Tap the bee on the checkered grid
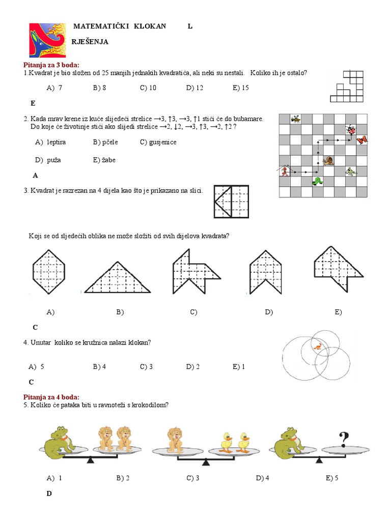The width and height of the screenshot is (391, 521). (x=296, y=119)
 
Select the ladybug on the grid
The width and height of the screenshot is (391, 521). (x=351, y=131)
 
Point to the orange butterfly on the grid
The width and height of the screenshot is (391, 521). (x=362, y=139)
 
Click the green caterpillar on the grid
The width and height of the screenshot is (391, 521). (x=318, y=181)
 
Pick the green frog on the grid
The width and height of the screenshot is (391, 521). (x=350, y=172)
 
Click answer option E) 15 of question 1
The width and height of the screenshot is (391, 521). (x=240, y=88)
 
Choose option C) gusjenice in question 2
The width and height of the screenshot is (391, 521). (x=158, y=142)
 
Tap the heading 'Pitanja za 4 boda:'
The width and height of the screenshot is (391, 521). (x=51, y=397)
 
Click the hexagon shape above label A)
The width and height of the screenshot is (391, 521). (x=49, y=270)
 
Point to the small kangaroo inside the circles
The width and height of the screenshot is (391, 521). (x=317, y=348)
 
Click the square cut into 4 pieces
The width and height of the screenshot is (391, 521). (x=231, y=202)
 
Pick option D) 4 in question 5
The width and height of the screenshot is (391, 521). (x=263, y=478)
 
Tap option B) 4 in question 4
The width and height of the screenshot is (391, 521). (x=99, y=367)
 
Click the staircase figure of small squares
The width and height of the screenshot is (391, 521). (x=348, y=86)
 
